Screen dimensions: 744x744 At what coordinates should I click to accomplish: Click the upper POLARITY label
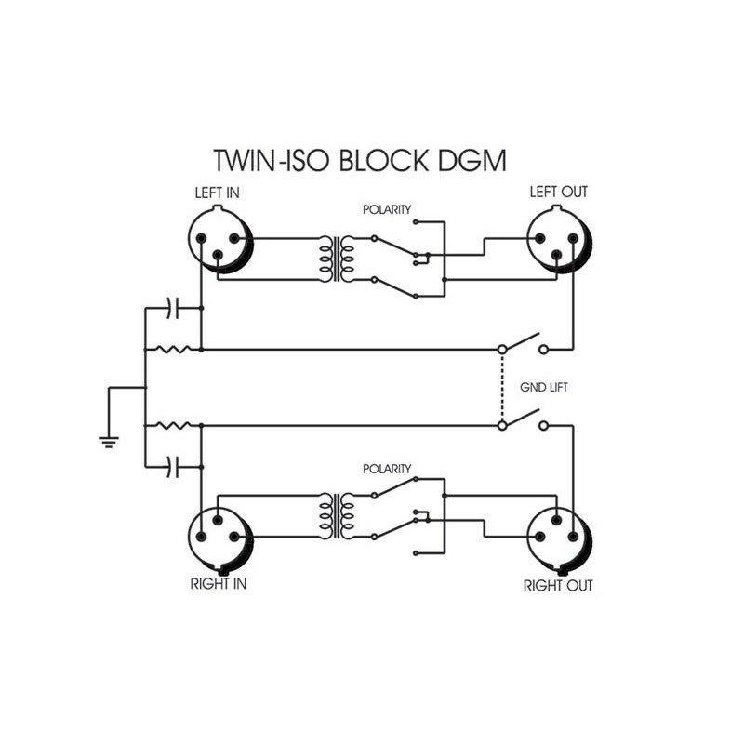click(x=388, y=210)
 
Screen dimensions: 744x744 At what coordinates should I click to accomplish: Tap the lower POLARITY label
click(x=388, y=468)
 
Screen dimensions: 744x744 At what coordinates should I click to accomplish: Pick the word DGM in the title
click(x=474, y=160)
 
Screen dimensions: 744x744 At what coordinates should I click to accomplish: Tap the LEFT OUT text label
click(x=558, y=193)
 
